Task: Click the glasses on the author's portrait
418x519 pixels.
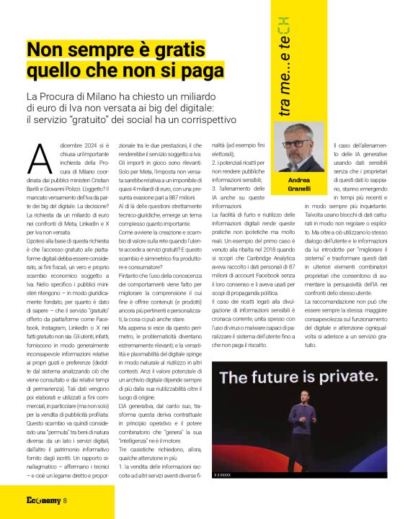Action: click(295, 144)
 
